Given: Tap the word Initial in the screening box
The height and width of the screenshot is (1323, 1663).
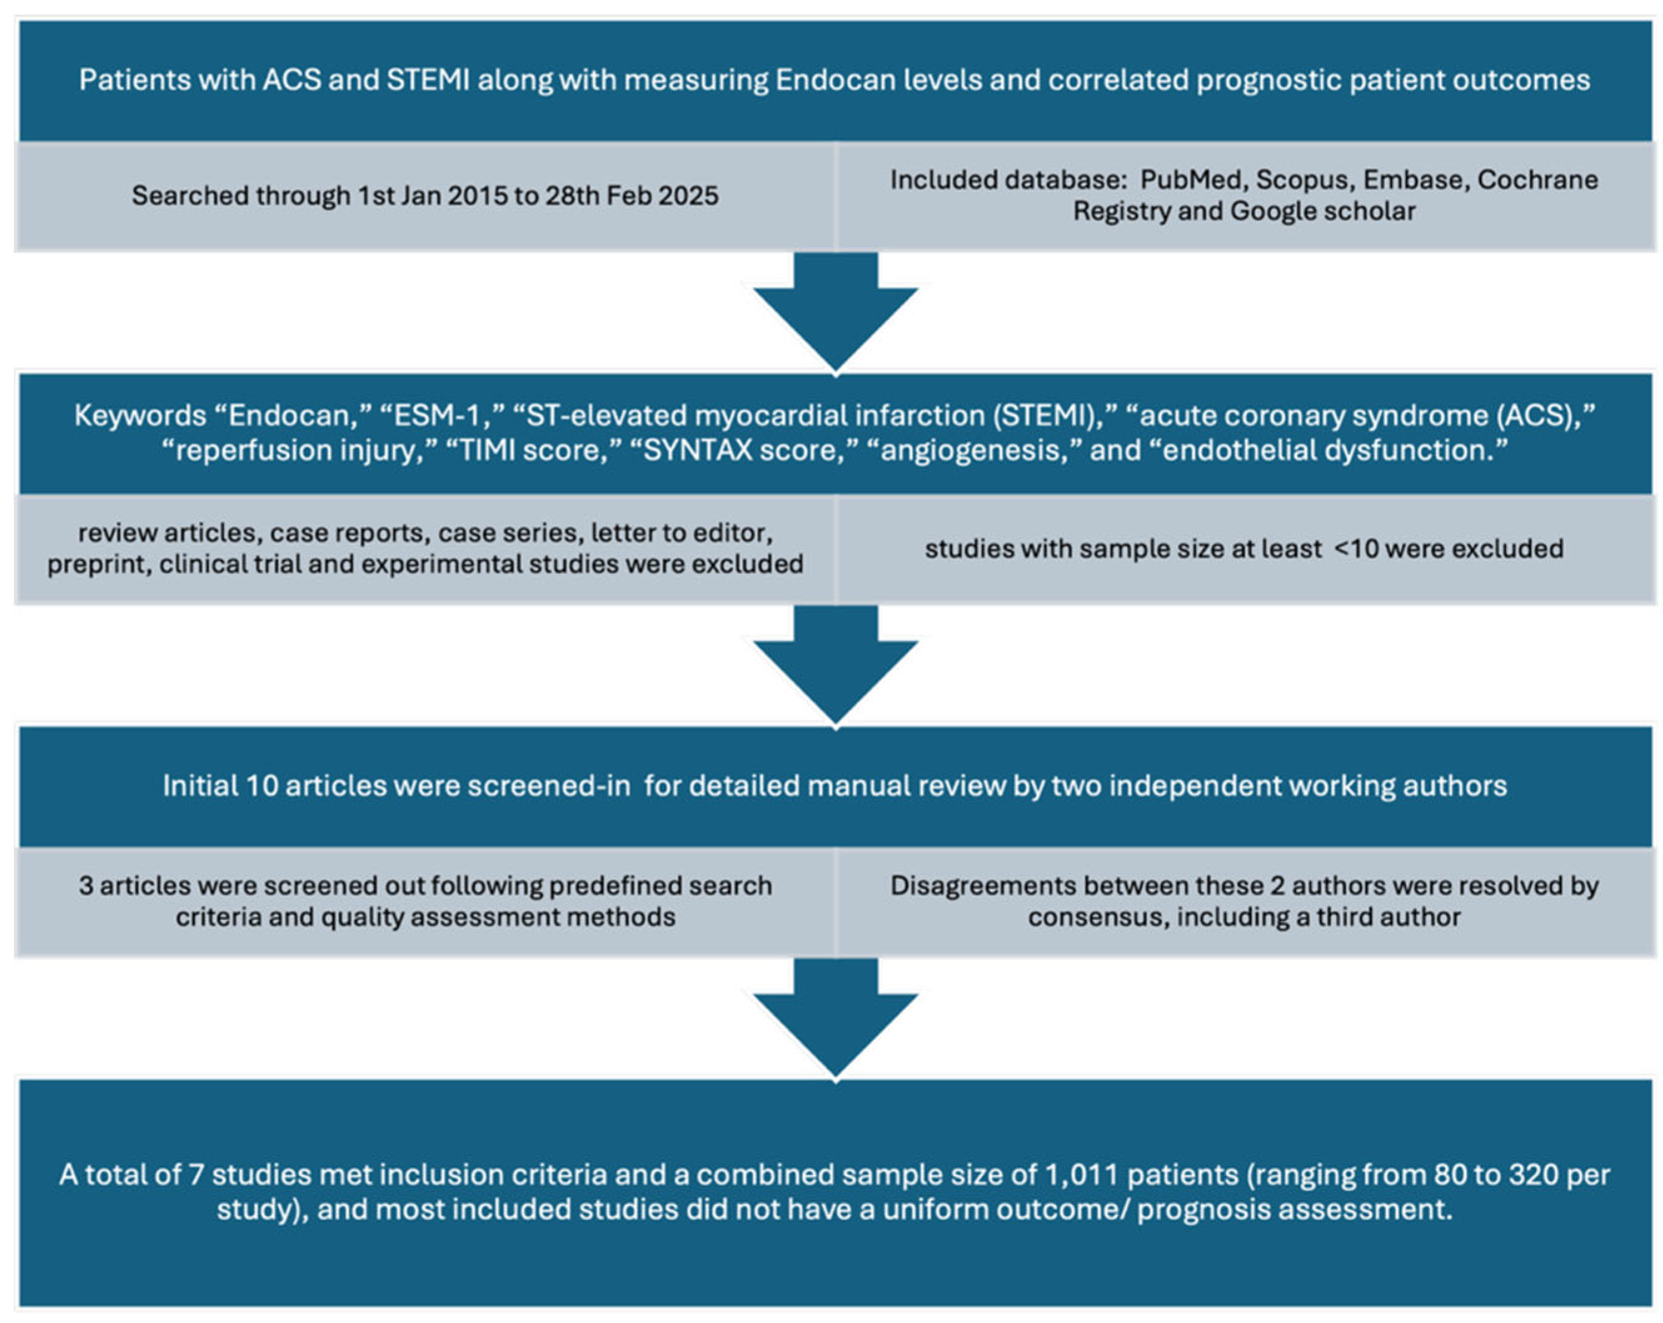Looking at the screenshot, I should click(199, 786).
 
